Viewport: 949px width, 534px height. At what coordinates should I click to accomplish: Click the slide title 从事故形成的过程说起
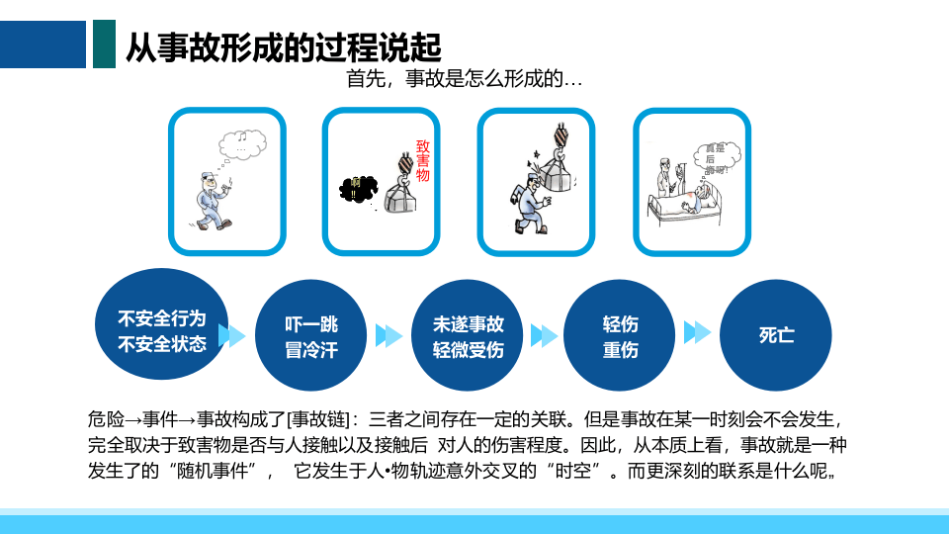click(x=283, y=46)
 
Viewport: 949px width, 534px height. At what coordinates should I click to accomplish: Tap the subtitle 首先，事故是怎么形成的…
click(x=464, y=79)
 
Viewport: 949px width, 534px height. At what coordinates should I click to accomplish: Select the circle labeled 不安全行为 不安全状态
click(x=162, y=330)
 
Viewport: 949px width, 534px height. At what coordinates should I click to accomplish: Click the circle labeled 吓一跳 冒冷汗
click(x=311, y=336)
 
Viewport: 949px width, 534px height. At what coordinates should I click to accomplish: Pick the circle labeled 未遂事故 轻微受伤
click(x=468, y=336)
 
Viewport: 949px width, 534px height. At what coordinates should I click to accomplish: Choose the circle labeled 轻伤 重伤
click(x=620, y=336)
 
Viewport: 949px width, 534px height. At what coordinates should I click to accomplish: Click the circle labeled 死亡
click(x=776, y=335)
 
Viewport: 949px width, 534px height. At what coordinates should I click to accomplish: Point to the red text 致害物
click(x=423, y=160)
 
